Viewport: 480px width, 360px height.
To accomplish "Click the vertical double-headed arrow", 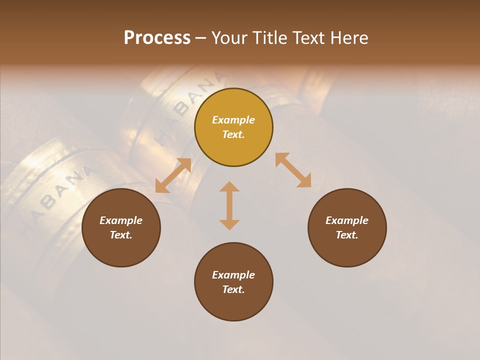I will [229, 205].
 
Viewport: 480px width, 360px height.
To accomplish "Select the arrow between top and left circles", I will [173, 175].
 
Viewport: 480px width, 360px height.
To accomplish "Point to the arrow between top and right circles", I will [293, 170].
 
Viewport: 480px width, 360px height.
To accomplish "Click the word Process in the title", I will [157, 38].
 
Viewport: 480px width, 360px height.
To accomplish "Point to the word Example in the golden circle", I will [233, 120].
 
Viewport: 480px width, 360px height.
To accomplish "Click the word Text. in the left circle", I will [121, 235].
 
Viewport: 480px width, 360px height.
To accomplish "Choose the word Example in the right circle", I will [347, 220].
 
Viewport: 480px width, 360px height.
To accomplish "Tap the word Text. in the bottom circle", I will [233, 289].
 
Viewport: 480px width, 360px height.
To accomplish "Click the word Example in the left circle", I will [121, 220].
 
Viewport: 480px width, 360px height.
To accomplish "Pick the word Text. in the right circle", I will [347, 235].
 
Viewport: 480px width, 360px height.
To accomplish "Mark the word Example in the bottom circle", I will [233, 275].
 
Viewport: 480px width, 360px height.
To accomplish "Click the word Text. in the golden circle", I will [233, 134].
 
